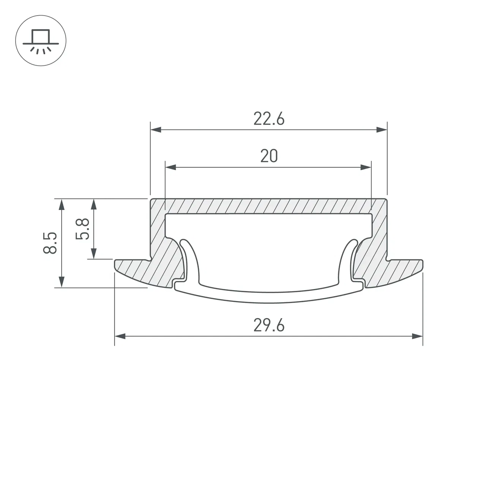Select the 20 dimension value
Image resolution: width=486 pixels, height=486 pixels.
pos(269,156)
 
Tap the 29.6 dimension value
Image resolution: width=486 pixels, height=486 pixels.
pos(269,325)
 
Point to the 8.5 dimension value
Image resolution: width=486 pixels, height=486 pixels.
pos(50,243)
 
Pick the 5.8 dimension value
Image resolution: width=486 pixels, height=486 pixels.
pos(82,229)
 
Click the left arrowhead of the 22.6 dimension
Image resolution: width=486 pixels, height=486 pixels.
pos(156,130)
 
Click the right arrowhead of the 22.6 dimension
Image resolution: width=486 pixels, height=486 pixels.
pos(382,130)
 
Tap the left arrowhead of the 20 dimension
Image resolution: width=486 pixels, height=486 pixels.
pos(170,167)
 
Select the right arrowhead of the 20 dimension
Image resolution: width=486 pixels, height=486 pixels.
pos(366,167)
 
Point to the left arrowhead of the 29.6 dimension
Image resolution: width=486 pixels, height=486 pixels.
pos(120,336)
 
